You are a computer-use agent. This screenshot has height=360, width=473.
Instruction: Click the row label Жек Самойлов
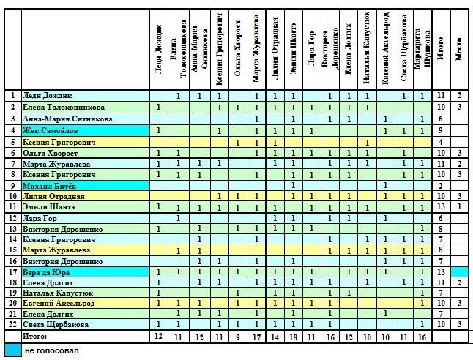(50, 131)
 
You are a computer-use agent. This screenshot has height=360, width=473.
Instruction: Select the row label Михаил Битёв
(49, 186)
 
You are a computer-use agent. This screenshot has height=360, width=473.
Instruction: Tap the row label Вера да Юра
(46, 273)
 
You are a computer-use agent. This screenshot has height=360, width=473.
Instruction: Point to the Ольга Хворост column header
(238, 48)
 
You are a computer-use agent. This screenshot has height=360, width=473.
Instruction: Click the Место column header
(459, 49)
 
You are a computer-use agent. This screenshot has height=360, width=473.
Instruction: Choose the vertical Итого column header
(441, 49)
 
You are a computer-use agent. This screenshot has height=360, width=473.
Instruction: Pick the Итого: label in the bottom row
(34, 337)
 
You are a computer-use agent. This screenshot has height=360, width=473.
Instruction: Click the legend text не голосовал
(52, 351)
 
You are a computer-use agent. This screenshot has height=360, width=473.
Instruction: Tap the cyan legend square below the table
(13, 350)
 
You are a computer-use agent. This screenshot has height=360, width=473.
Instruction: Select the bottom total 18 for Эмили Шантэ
(293, 337)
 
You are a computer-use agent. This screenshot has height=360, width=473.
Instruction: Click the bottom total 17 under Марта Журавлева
(256, 337)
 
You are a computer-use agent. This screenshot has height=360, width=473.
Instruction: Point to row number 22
(12, 324)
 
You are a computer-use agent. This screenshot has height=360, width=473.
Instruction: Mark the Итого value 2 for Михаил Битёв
(441, 186)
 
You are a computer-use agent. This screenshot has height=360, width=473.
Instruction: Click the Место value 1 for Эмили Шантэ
(459, 207)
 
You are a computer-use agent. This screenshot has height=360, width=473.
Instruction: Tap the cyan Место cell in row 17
(460, 273)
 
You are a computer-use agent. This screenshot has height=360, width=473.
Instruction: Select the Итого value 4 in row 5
(441, 142)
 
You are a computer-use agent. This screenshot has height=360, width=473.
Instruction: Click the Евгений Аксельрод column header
(386, 48)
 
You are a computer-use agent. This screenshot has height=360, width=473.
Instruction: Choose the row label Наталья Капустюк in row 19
(58, 293)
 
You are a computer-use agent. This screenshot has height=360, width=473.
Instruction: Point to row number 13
(12, 229)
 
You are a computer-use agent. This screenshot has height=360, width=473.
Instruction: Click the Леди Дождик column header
(159, 49)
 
